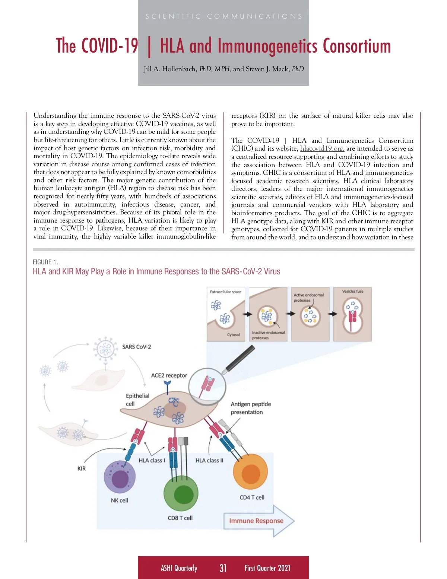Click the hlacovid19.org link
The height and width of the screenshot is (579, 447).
tap(322, 148)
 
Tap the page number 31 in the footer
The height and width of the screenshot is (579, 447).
tap(223, 568)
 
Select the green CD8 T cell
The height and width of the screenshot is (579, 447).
tap(181, 495)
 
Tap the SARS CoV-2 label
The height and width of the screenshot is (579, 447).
tap(136, 347)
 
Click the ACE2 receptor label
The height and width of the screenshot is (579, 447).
tap(169, 375)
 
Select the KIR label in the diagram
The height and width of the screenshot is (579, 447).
tap(82, 469)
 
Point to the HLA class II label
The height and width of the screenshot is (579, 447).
tap(209, 460)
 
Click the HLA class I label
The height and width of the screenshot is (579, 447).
tap(152, 460)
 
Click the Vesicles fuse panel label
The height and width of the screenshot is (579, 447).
tap(352, 291)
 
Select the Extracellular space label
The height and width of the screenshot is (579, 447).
tap(226, 292)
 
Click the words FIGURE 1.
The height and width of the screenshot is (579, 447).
tap(45, 262)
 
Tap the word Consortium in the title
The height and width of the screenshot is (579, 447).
tap(357, 46)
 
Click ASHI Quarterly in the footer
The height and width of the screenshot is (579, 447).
tap(179, 568)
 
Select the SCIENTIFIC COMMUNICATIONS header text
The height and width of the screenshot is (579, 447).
tap(223, 16)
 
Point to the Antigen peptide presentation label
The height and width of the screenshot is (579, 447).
tap(251, 408)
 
